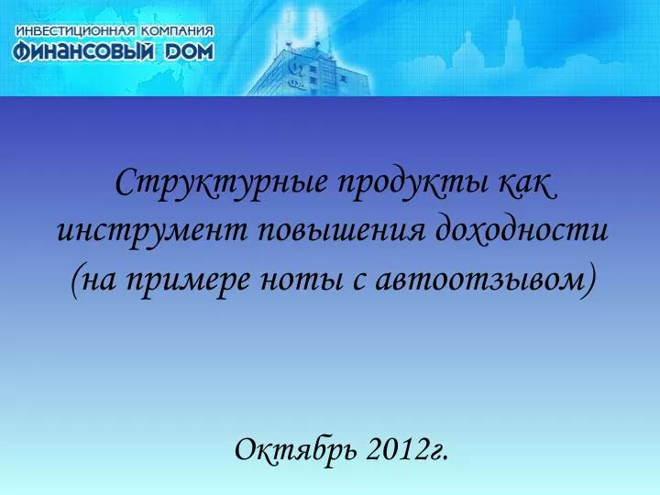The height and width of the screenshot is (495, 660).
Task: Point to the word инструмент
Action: click(152, 232)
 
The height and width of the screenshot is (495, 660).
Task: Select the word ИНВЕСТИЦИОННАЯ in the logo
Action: click(76, 31)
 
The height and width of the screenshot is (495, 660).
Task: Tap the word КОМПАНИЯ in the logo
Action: click(177, 31)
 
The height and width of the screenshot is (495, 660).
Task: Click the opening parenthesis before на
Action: click(75, 281)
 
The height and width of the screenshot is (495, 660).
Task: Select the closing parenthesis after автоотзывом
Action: click(589, 280)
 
